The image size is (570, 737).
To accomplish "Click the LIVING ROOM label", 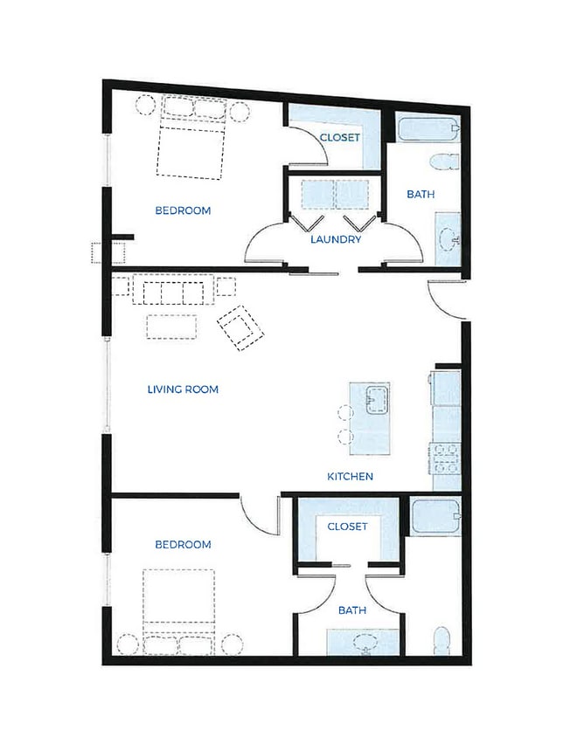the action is coord(183,389).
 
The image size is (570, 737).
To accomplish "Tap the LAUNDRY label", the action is coord(336,239).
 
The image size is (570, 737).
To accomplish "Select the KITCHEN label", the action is coord(351,476).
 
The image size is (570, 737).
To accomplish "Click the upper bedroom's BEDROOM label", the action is coord(183,210).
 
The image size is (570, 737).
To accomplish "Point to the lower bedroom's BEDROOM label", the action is coord(183,544).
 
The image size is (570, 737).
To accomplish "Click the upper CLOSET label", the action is coord(340,137).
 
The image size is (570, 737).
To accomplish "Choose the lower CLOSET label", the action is coord(347,527).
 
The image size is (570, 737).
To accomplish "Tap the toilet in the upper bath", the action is coord(444,162).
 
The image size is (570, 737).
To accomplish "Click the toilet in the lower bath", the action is coord(441,640).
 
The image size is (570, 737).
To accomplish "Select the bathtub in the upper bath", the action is coord(427,127).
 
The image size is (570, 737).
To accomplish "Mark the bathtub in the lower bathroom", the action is coord(435,517).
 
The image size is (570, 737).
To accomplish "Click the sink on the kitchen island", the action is coord(377,400).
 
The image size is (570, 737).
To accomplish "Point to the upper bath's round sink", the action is coord(449,240).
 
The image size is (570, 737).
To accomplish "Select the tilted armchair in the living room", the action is coord(240,328).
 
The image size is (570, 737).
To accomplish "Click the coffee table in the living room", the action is coord(171,327).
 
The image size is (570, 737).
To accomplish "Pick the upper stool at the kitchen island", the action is coord(345,412).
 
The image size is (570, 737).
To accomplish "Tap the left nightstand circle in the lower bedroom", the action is coord(128,644).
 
